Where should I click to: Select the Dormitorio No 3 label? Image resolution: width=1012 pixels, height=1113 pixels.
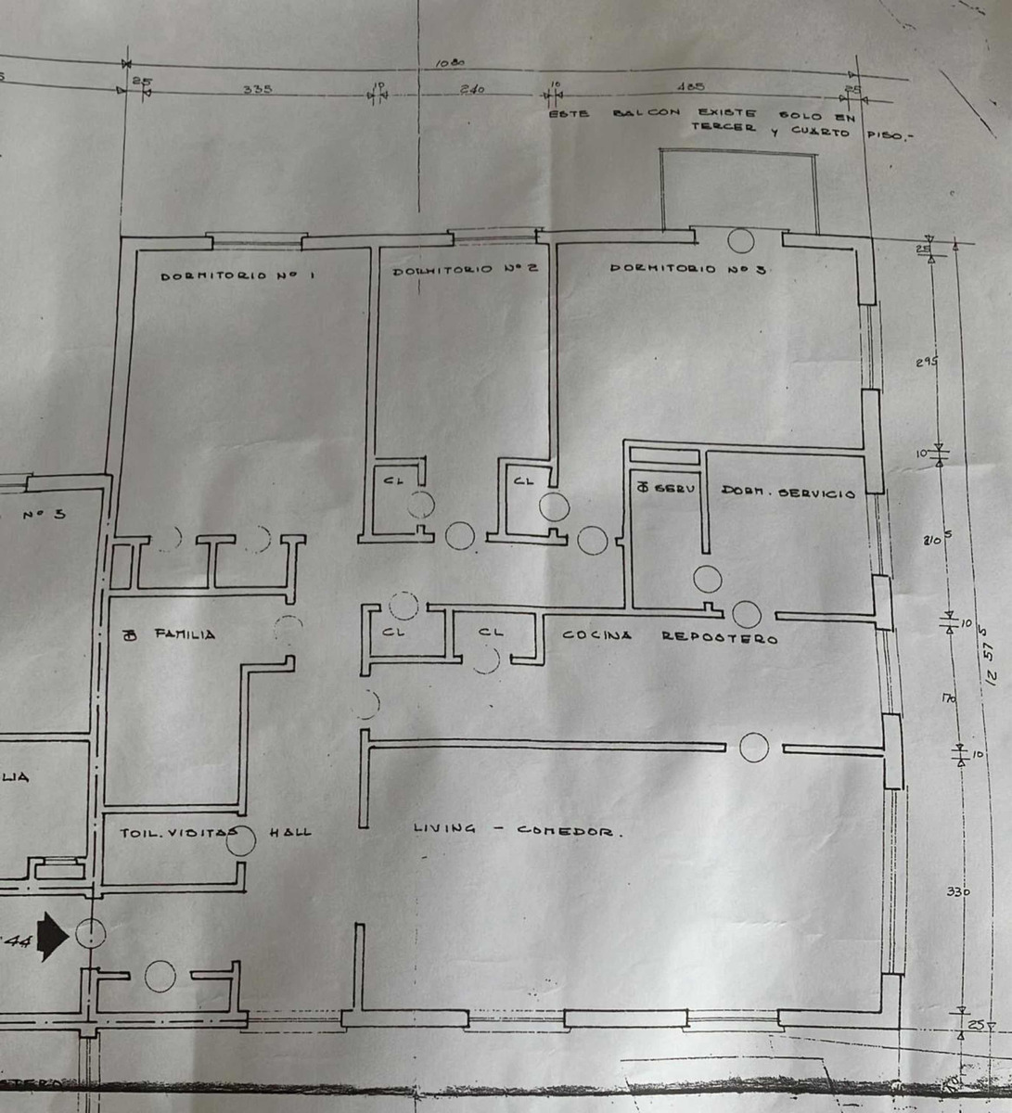(686, 269)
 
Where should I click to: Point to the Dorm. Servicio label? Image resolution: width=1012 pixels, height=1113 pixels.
(788, 493)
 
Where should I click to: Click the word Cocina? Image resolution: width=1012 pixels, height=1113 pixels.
(597, 636)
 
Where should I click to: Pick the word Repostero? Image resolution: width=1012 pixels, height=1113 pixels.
(719, 638)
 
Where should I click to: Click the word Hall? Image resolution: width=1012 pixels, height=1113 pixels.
(289, 832)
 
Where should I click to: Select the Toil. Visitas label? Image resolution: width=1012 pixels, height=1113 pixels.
(173, 833)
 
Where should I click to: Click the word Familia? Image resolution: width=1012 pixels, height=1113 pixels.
(185, 634)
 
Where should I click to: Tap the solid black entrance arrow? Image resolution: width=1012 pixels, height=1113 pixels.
(55, 935)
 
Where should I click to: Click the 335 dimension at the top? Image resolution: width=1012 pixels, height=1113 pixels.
(257, 90)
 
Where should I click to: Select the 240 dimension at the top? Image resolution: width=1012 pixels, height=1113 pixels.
(472, 90)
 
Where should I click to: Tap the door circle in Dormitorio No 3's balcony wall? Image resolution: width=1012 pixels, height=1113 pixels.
(739, 241)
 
